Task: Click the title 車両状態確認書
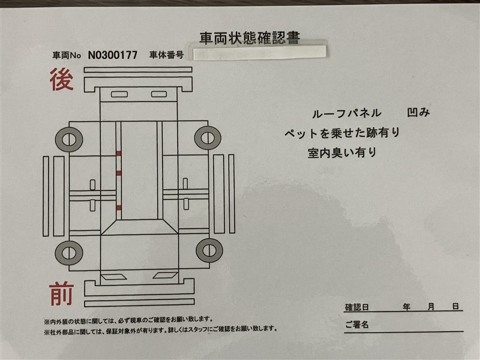250,38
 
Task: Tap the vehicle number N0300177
113,55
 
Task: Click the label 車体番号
167,55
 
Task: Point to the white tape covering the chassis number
260,52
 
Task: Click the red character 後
62,80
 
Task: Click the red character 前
62,294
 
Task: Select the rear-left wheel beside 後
69,140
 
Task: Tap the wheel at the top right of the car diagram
208,138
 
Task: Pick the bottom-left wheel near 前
69,253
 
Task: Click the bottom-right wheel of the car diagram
209,250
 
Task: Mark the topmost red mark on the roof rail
118,154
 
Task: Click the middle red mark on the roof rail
118,173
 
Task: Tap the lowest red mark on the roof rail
118,208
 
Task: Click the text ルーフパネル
347,114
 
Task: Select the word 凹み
418,112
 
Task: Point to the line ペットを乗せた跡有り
342,133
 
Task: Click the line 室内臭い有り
342,152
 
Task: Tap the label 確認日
357,307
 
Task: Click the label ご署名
357,325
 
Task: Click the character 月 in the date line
431,307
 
